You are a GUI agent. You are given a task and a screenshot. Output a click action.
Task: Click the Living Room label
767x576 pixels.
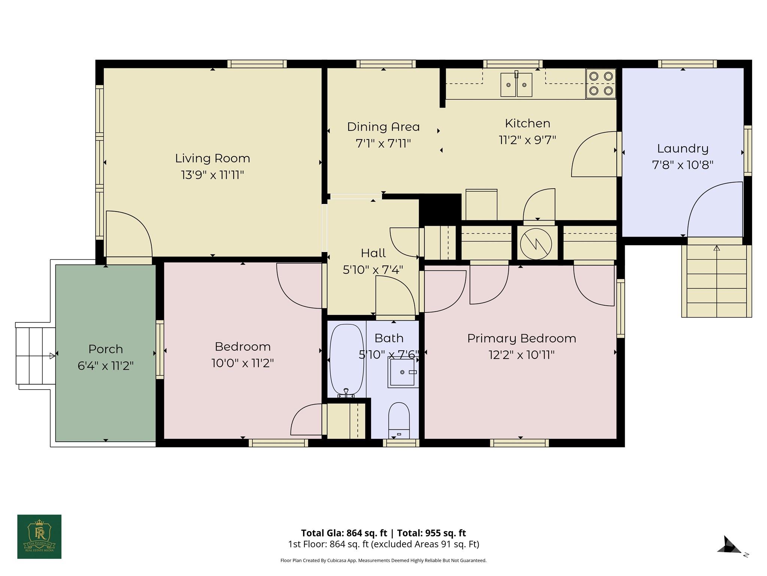pos(212,158)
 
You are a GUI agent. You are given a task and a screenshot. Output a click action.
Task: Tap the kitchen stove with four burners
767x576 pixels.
pos(601,83)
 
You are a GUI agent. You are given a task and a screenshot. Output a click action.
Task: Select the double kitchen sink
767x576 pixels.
pos(516,85)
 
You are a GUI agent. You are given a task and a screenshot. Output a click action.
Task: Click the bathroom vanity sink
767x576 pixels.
pos(403,372)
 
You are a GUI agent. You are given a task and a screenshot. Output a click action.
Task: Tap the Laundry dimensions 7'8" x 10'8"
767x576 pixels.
pos(682,165)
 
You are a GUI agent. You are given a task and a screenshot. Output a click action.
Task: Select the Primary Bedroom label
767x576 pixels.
pos(521,338)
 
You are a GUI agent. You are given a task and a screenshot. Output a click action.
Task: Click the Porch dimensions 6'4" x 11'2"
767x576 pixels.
pos(106,366)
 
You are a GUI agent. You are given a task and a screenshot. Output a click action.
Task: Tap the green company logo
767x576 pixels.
pos(39,536)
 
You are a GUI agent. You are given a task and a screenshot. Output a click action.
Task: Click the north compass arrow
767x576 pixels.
pos(730,546)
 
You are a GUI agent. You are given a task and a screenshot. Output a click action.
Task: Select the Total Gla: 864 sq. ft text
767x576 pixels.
pos(344,533)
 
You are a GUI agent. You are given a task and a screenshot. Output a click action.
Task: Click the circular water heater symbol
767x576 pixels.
pos(536,244)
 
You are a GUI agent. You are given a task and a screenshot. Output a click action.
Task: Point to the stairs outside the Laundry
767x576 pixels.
pos(716,281)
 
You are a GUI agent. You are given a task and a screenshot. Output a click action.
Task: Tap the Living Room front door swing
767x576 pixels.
pos(129,234)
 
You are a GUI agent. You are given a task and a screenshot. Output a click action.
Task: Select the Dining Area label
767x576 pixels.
pos(383,127)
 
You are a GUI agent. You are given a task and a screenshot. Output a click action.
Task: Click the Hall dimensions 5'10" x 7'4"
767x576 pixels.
pos(373,270)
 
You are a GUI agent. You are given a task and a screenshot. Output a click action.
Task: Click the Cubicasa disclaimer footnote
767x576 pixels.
pos(383,561)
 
